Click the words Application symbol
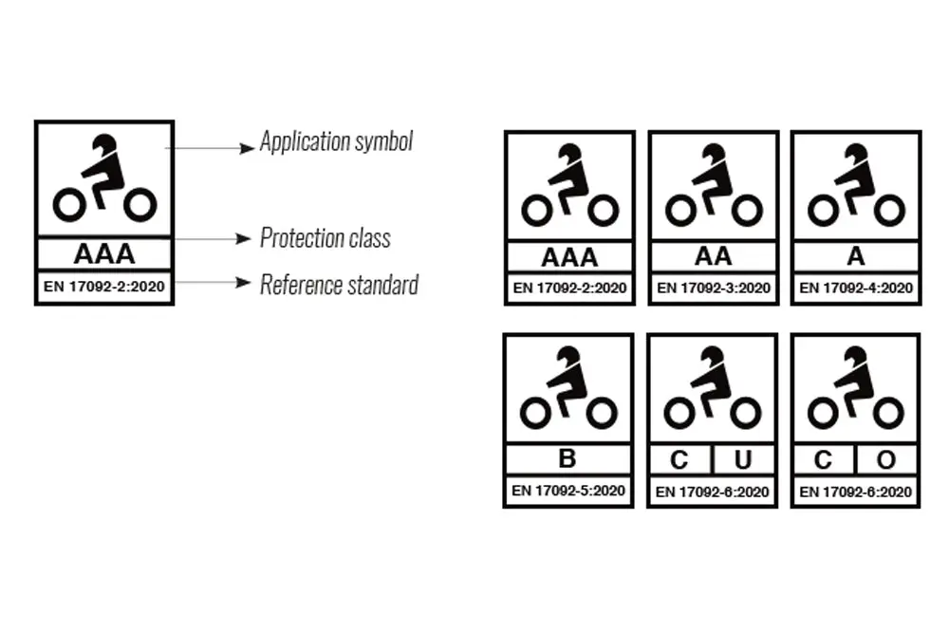coord(337,141)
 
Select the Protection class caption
coord(326,238)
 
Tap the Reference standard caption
coord(340,285)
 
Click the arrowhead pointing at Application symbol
coord(247,148)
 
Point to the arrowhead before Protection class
coord(243,238)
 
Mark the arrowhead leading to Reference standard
coord(243,282)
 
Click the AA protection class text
coord(713,256)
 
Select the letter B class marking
coord(568,458)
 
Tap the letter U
coord(743,460)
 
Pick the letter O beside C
coord(886,460)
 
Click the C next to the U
coord(679,460)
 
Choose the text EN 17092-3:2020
coord(713,289)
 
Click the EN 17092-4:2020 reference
coord(856,289)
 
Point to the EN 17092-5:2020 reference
coord(568,491)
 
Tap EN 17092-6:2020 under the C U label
coord(712,492)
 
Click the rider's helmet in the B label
coord(568,357)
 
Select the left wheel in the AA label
coord(680,211)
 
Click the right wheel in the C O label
coord(888,414)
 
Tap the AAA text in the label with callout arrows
coord(104,254)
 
